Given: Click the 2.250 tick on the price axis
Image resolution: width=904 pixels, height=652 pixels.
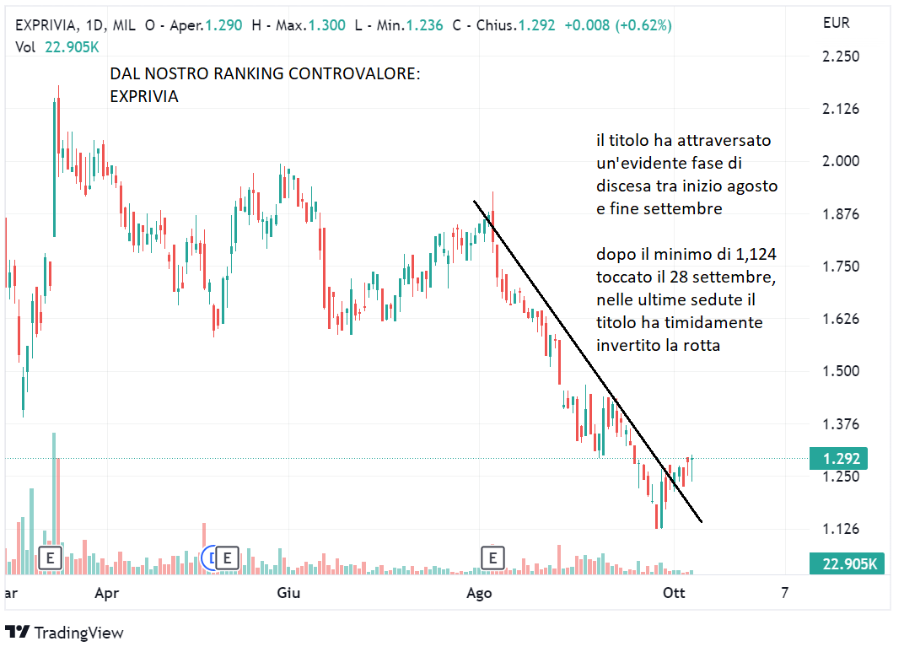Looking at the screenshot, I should pyautogui.click(x=841, y=57).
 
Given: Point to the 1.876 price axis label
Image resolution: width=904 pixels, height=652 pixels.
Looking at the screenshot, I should pyautogui.click(x=841, y=214).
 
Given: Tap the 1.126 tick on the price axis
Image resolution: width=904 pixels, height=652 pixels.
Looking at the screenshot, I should pyautogui.click(x=841, y=529).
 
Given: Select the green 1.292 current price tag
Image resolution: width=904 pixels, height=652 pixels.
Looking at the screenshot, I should pyautogui.click(x=846, y=459).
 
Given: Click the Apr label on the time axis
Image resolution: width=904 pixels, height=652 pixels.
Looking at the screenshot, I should pyautogui.click(x=106, y=593).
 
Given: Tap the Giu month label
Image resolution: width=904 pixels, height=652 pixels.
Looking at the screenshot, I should pyautogui.click(x=288, y=593).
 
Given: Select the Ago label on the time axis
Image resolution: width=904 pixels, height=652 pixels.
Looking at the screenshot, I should pyautogui.click(x=479, y=593).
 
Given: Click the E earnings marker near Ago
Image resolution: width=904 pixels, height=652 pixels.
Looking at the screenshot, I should pyautogui.click(x=492, y=557).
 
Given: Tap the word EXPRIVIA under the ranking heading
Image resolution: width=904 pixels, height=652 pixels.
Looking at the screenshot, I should pyautogui.click(x=144, y=97).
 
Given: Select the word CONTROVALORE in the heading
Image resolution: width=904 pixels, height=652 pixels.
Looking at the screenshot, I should pyautogui.click(x=354, y=74).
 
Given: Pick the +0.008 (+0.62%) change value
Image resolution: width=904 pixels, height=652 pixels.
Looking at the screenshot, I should pyautogui.click(x=617, y=25).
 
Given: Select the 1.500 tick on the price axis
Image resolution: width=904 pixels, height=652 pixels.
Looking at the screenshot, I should pyautogui.click(x=841, y=371).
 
